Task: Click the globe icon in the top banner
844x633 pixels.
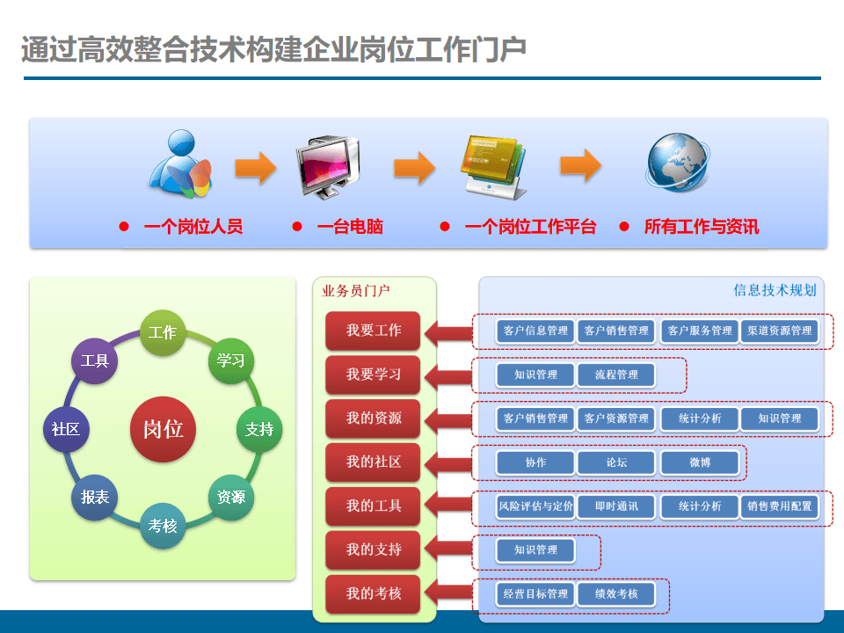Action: [677, 162]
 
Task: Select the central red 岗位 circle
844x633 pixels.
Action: [163, 429]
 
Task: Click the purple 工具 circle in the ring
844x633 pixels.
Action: [94, 360]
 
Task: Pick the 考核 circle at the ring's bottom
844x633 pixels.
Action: [163, 526]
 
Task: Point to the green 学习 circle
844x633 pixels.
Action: [231, 360]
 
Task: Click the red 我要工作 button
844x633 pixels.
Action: [373, 331]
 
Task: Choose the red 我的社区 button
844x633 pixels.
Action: [373, 462]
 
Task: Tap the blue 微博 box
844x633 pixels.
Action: [700, 462]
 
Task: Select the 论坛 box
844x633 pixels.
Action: [616, 462]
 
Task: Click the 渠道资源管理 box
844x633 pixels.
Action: [780, 331]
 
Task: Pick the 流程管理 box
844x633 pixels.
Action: [616, 375]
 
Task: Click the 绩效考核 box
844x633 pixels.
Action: [616, 594]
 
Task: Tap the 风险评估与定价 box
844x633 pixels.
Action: [535, 506]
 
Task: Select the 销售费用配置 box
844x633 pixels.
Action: [780, 506]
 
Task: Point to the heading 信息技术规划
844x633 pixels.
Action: [775, 290]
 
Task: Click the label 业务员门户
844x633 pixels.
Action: [356, 291]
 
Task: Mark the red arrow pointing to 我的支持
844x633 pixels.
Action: [447, 550]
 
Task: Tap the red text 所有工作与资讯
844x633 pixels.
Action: [701, 227]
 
